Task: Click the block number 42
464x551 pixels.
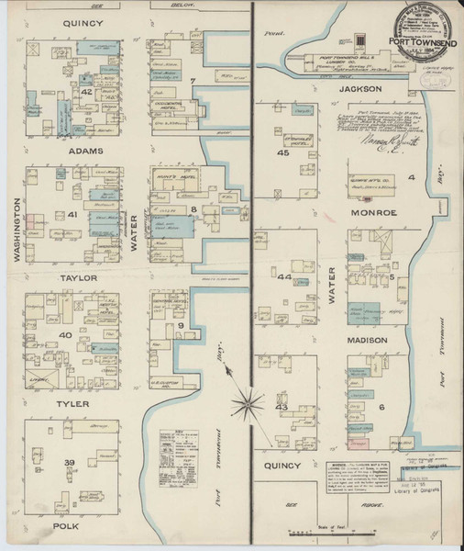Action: pos(86,91)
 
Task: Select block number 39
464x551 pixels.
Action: pos(69,461)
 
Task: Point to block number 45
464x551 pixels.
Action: pos(283,152)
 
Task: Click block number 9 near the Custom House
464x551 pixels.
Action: pos(182,326)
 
